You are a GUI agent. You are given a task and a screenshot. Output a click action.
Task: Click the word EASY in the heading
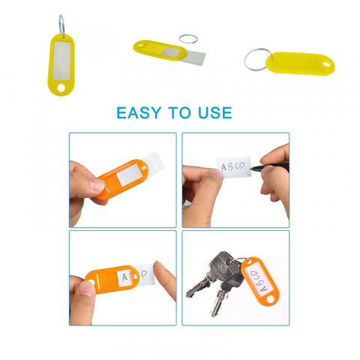tap(139, 112)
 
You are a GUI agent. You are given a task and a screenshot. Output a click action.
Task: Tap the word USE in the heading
tap(215, 112)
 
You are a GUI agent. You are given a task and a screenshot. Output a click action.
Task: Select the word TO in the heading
tap(179, 112)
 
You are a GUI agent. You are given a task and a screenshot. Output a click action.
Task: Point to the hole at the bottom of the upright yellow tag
tap(61, 88)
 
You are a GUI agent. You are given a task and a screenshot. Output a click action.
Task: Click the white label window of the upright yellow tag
tap(61, 61)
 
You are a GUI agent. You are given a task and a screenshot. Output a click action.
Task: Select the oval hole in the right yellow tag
tap(326, 64)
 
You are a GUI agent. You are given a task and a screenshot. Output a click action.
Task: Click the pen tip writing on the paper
tap(251, 169)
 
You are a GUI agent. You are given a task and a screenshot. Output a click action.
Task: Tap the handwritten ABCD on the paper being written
tap(233, 166)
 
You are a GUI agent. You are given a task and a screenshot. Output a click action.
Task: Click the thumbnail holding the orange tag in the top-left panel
tap(97, 184)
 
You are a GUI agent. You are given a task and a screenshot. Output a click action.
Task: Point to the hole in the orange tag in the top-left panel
tap(143, 167)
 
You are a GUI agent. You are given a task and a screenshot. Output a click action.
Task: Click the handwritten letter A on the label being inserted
tap(125, 277)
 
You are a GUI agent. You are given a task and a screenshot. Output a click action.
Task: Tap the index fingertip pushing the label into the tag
tap(159, 268)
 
